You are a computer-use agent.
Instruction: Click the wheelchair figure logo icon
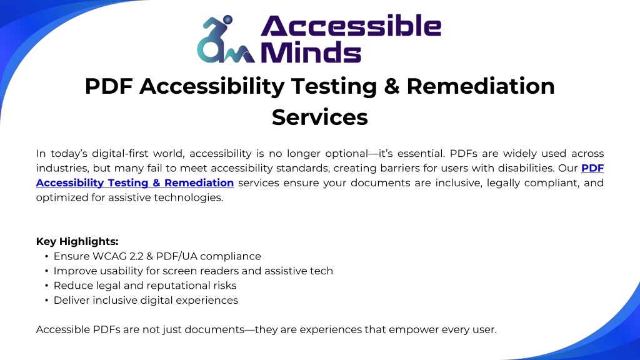tap(226, 39)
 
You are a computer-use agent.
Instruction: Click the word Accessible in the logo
tap(351, 26)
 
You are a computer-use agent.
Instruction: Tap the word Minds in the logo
tap(311, 52)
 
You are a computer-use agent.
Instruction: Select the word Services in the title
tap(319, 117)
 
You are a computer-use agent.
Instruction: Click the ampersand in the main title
tap(391, 86)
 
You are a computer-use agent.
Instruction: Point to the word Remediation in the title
tap(481, 86)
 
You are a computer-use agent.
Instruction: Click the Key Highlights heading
tap(77, 241)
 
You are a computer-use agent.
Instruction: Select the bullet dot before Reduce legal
tap(47, 286)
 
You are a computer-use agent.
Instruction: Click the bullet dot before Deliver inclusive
tap(47, 301)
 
